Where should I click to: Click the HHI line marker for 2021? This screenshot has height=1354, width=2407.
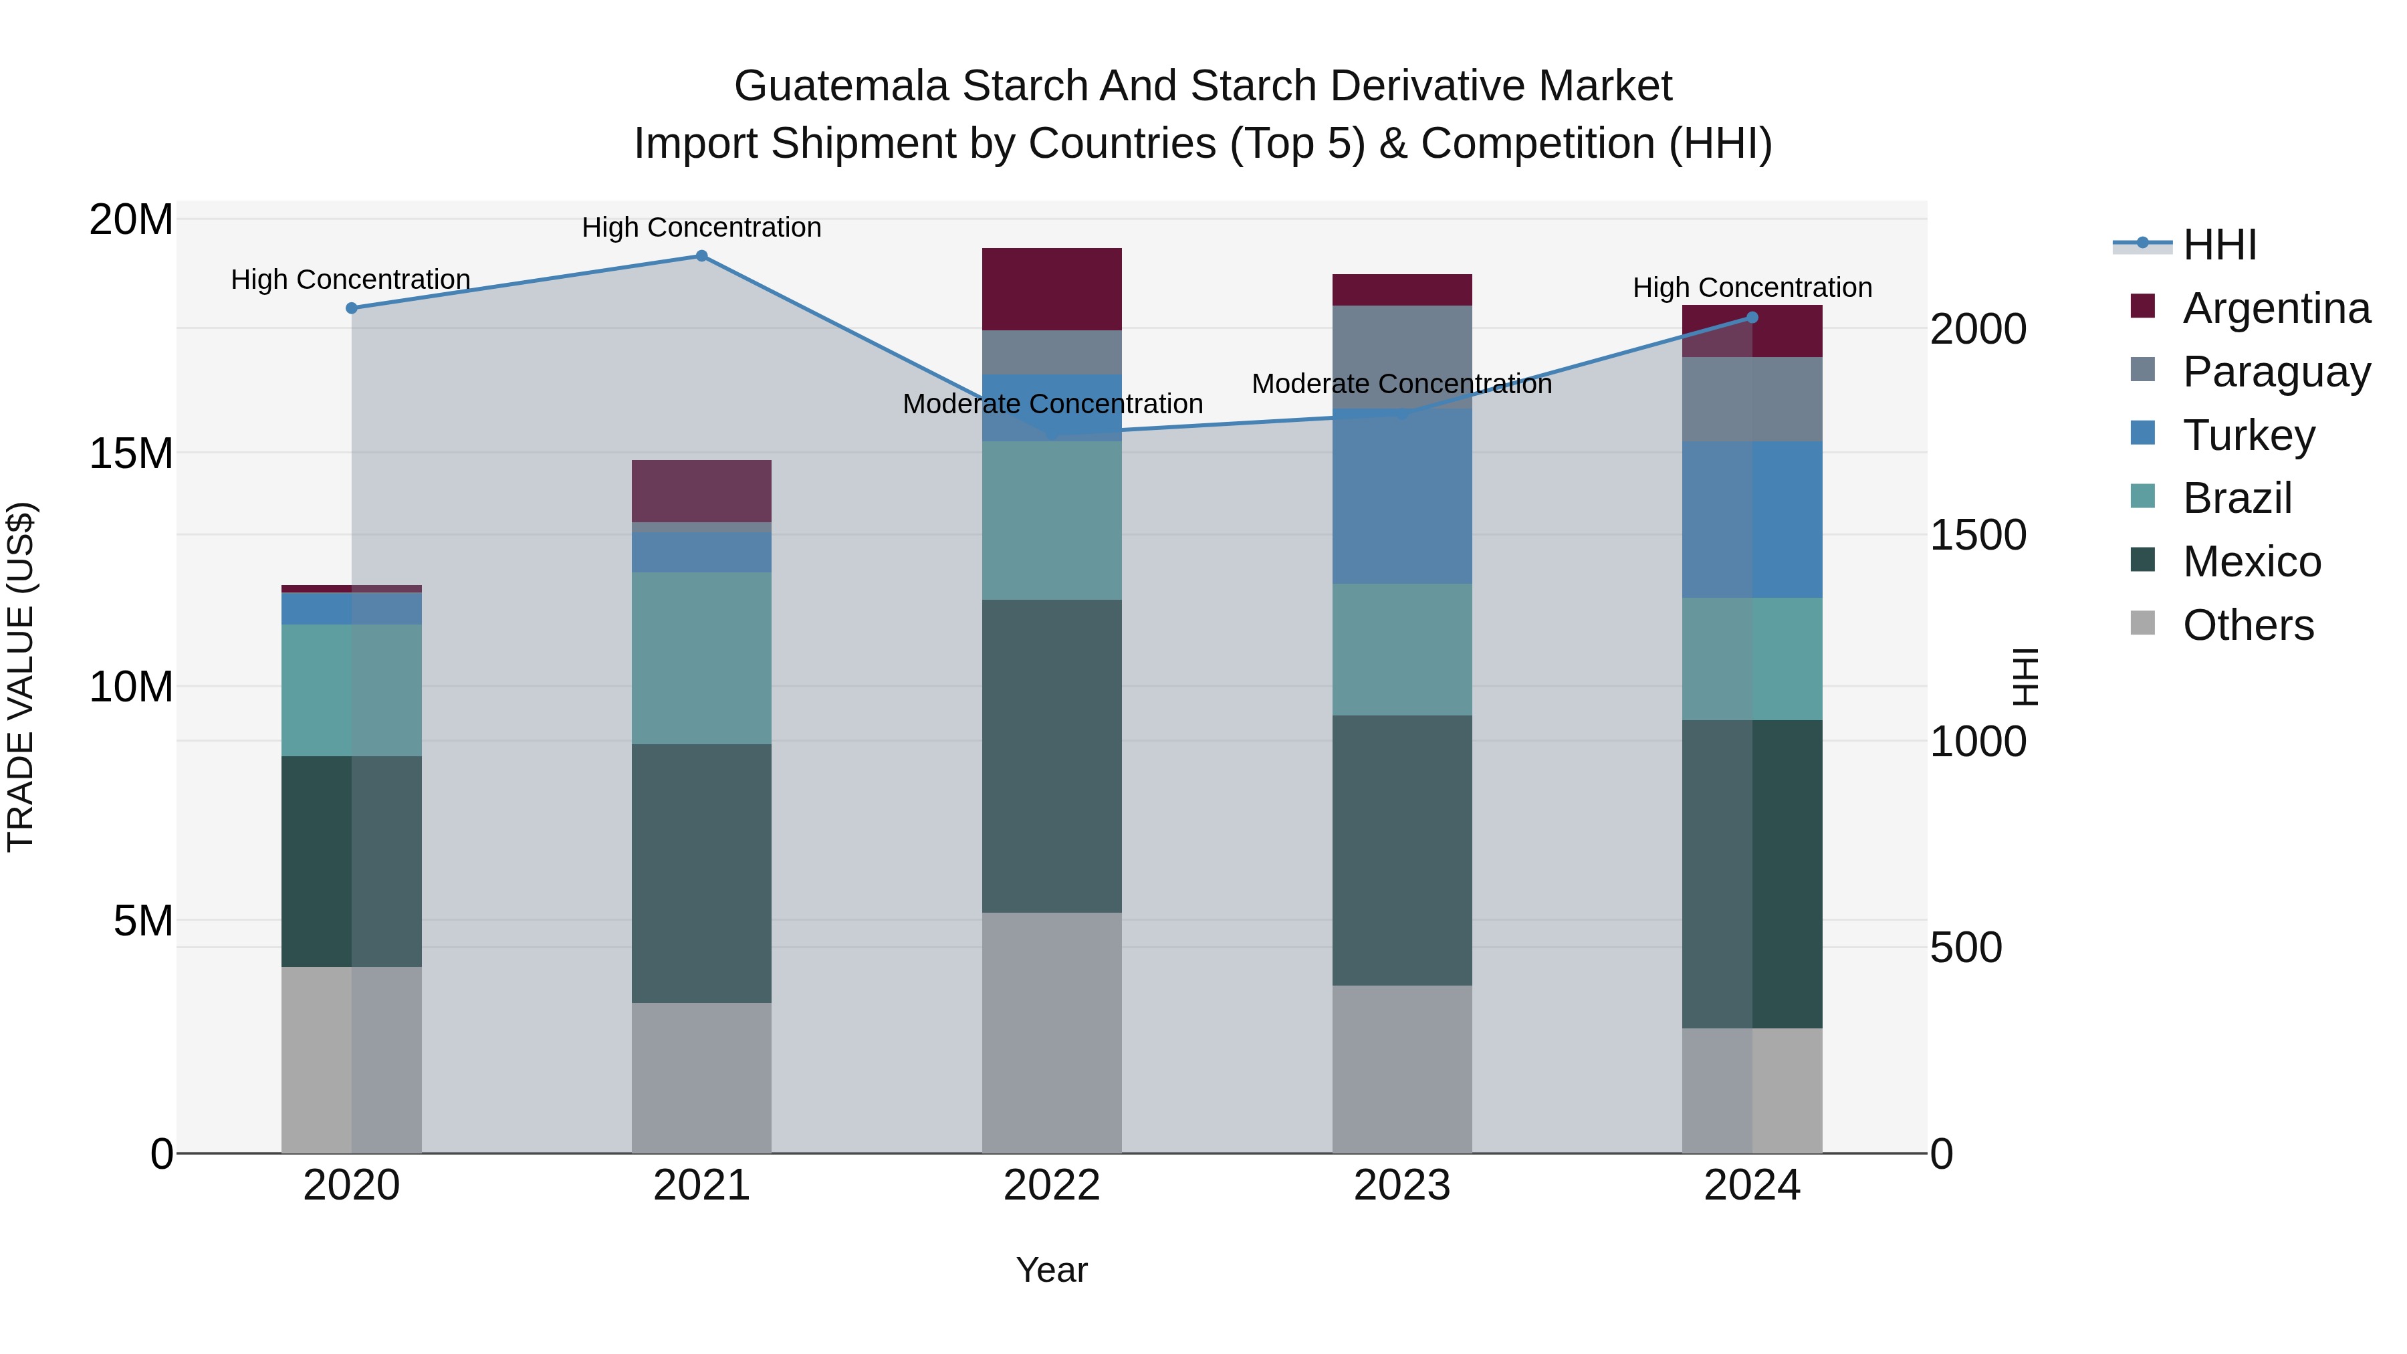click(702, 256)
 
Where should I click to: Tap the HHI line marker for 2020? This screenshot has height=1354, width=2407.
click(351, 308)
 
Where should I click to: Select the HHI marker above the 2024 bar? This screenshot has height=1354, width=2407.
click(1752, 318)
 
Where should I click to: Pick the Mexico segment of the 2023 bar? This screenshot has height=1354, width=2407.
click(1401, 851)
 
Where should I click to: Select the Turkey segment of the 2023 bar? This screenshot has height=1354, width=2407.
click(1401, 496)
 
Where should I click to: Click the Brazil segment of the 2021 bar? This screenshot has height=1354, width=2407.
click(702, 658)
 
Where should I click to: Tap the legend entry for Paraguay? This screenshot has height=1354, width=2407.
click(2276, 371)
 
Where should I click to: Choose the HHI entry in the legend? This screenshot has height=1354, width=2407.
click(2219, 245)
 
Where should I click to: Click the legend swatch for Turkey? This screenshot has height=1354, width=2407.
click(2143, 433)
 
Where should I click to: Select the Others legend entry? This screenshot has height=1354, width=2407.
click(2247, 625)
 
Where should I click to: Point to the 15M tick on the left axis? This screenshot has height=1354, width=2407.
click(131, 453)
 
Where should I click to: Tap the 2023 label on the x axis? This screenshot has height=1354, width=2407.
click(1401, 1186)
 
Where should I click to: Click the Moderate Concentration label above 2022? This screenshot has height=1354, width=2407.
click(1052, 404)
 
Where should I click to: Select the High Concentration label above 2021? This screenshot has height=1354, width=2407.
click(702, 227)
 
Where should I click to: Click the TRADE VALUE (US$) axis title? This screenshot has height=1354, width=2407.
click(21, 677)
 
